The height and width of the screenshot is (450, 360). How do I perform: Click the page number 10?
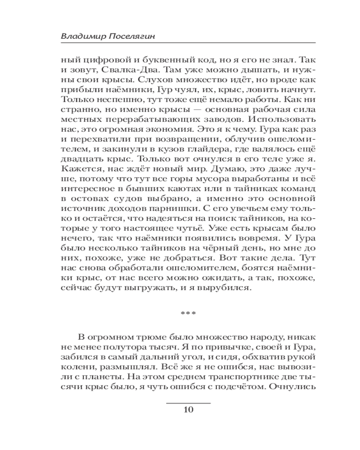click(189, 409)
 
